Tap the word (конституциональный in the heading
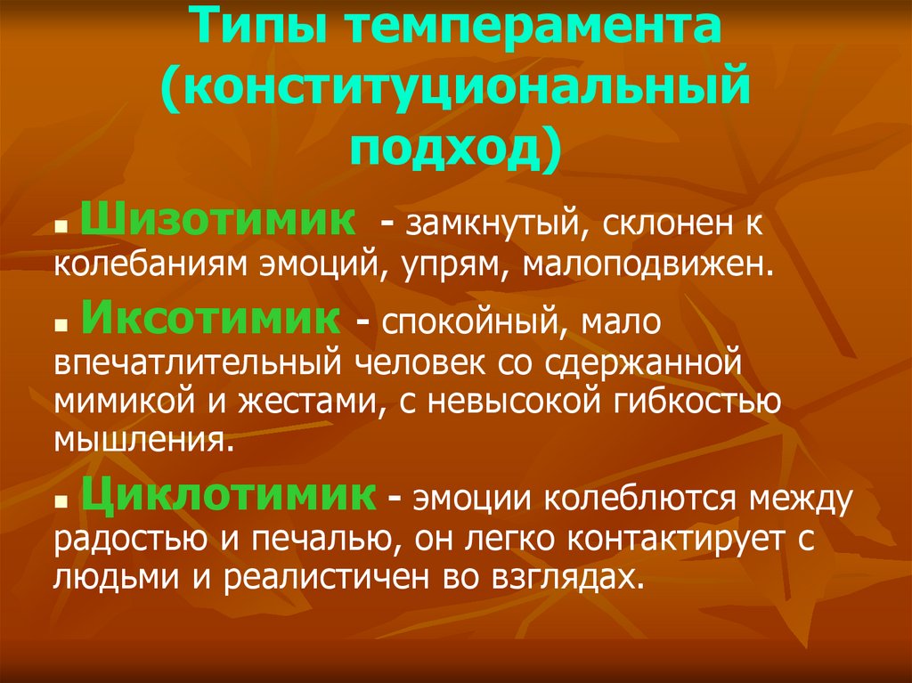point(454,89)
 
